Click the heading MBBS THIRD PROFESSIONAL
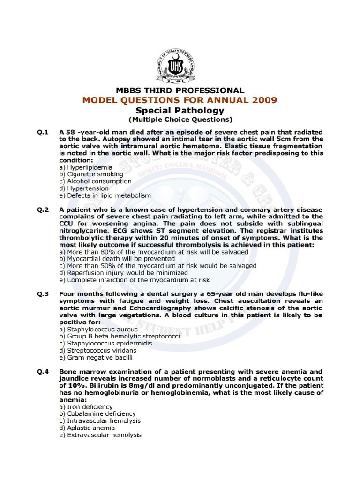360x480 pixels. point(180,90)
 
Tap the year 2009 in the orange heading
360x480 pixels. point(262,100)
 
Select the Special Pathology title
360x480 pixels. point(180,111)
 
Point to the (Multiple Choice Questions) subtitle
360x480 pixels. point(180,120)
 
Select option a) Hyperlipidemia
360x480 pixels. point(86,167)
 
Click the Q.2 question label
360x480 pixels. point(43,210)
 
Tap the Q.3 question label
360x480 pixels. point(43,294)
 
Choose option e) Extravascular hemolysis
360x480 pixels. point(100,435)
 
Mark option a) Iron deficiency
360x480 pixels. point(86,407)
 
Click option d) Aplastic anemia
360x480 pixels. point(88,428)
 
